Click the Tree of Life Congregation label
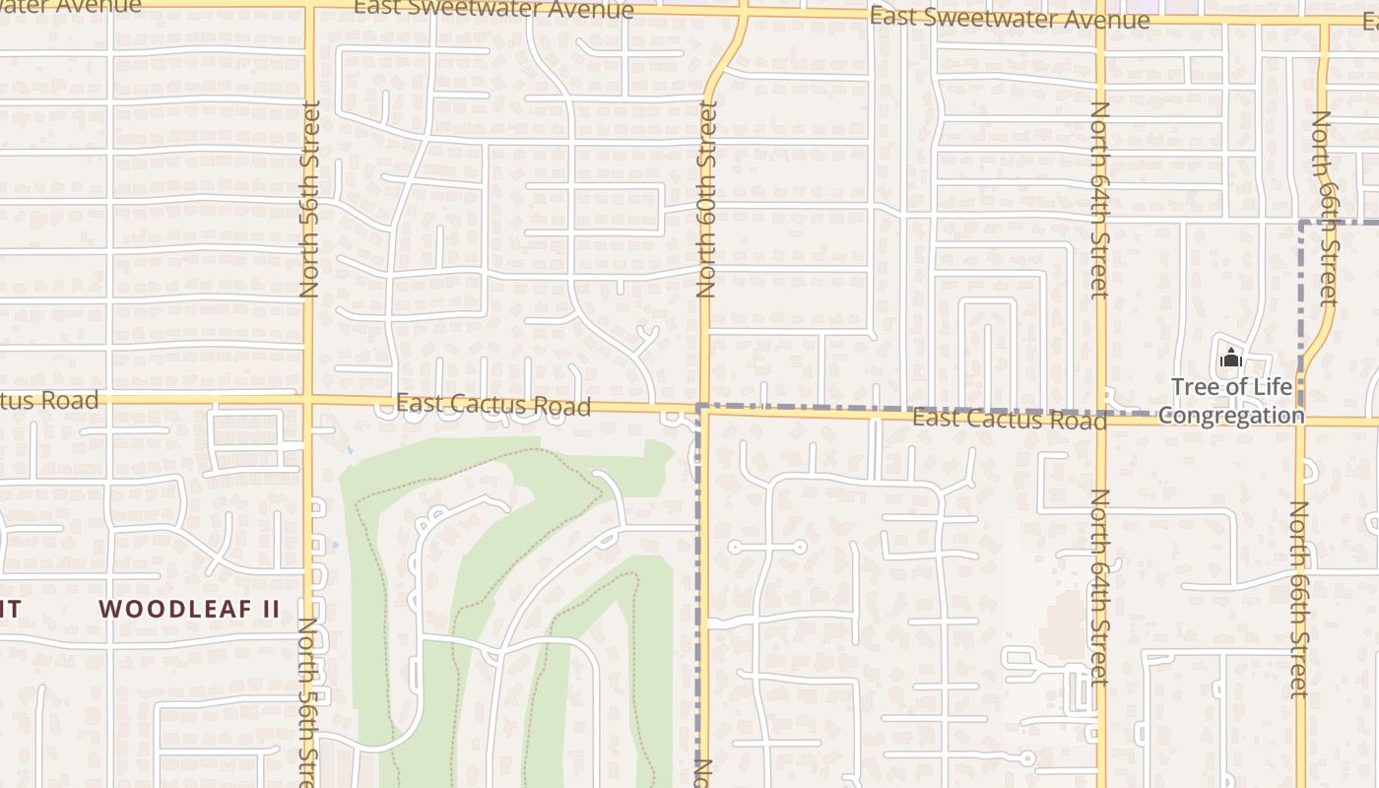click(1230, 401)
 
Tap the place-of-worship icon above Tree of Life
click(1230, 360)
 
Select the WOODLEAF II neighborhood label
click(190, 609)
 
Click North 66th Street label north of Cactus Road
click(1322, 207)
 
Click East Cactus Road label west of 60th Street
click(492, 405)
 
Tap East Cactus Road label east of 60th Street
click(1009, 420)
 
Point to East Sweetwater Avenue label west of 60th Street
click(492, 9)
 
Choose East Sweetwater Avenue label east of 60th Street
click(1009, 19)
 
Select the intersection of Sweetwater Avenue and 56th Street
click(308, 6)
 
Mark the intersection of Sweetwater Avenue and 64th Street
click(1101, 19)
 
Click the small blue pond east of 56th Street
click(336, 544)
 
